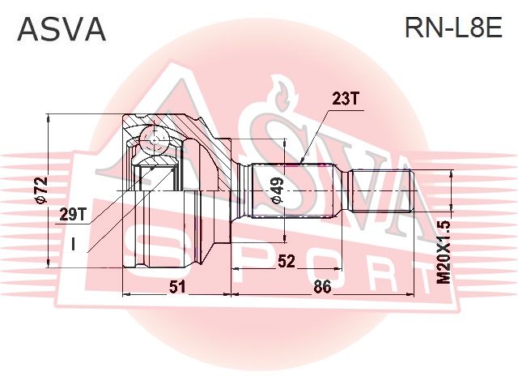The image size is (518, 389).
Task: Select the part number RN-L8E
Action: tap(454, 28)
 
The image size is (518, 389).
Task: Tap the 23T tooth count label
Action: tap(344, 99)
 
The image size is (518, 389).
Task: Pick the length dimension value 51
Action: tap(177, 286)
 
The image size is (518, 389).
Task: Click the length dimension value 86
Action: tap(322, 286)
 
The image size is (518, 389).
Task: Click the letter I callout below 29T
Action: tap(73, 243)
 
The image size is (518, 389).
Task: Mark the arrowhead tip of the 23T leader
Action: tap(301, 162)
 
